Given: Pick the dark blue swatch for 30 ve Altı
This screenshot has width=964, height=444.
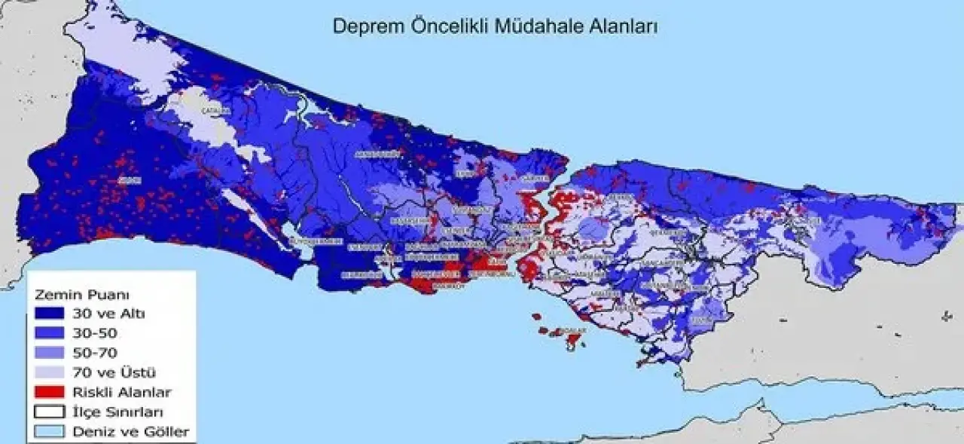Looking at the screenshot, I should pos(49,314).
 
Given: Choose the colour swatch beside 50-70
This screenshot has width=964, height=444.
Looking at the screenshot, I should pos(49,352).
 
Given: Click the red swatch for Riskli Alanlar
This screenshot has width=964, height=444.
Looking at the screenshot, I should pos(49,392).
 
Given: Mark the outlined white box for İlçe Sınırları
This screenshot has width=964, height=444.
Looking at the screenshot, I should pos(49,412).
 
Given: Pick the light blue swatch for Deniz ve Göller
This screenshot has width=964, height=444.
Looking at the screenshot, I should pos(49,432).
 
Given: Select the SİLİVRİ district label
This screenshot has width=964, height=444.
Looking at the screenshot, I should pos(130,180).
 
